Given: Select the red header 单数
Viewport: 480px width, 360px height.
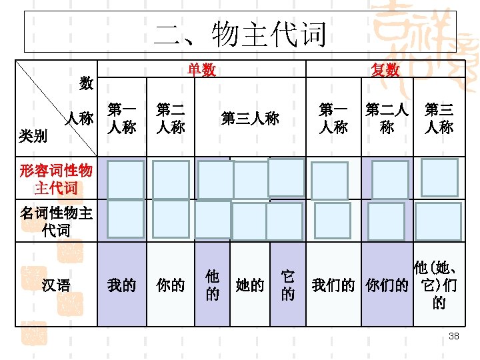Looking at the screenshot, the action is [201, 70].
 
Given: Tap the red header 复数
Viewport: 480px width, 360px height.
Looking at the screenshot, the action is [385, 70].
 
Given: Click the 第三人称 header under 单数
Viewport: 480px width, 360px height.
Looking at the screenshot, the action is [250, 119].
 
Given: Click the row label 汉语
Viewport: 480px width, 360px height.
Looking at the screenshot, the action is [55, 285].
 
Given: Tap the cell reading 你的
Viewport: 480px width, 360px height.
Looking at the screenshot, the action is [170, 285].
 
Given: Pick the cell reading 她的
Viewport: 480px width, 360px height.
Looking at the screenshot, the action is [250, 285].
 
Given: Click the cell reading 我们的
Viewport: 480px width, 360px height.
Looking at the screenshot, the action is [333, 285].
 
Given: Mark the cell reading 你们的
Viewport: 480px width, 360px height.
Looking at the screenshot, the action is [387, 285].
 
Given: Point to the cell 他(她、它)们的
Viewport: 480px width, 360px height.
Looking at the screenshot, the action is [438, 285].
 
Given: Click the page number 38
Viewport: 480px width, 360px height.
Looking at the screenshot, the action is [454, 337].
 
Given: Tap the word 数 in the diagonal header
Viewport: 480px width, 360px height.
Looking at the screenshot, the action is [86, 83].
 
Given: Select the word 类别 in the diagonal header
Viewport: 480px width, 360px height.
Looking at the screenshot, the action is [33, 136].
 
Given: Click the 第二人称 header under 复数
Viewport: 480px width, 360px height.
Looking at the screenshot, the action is [387, 117].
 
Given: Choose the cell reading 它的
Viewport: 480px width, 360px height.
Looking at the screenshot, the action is [287, 285].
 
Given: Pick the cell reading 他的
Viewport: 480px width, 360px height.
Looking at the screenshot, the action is [212, 285].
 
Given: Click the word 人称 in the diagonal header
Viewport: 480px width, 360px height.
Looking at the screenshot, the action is [78, 119].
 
